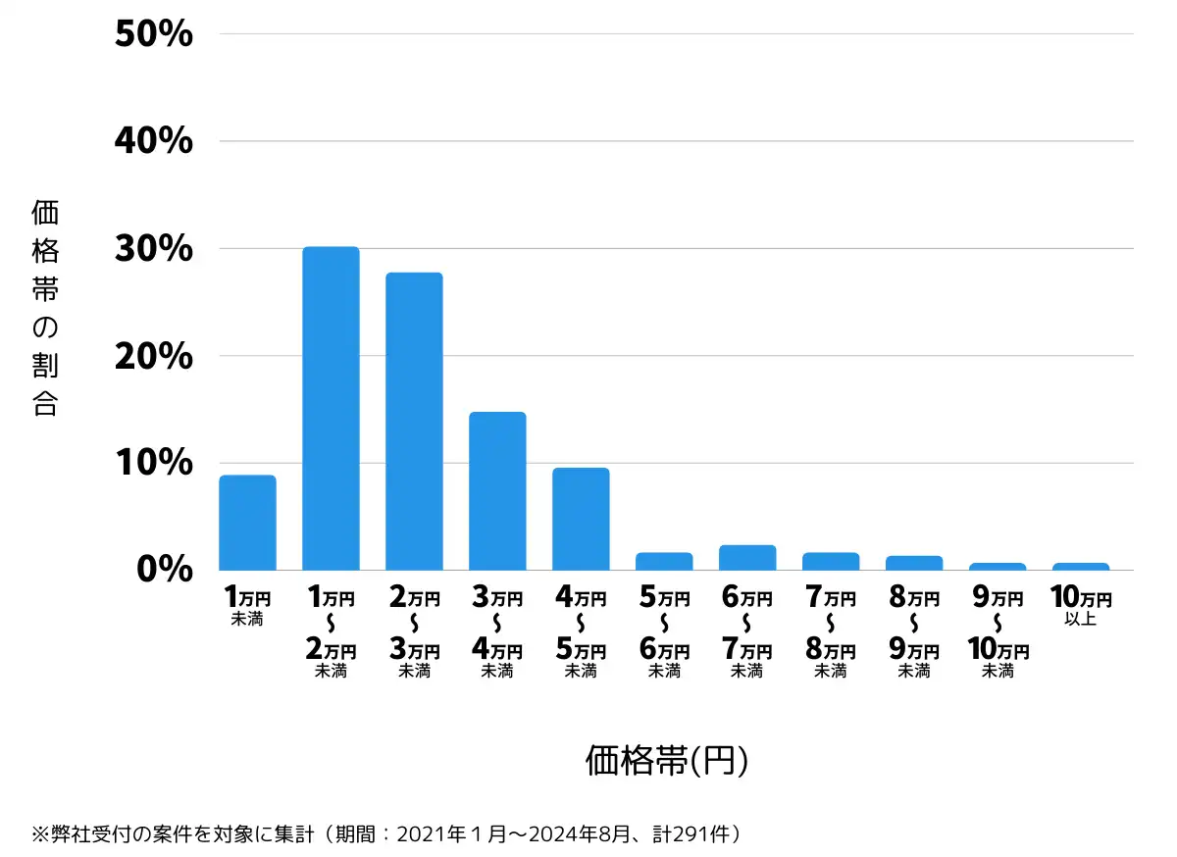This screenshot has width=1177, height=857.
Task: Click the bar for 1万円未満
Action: tap(247, 523)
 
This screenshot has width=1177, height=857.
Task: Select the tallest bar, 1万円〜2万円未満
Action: tap(331, 408)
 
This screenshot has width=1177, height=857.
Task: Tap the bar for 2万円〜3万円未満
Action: tap(414, 421)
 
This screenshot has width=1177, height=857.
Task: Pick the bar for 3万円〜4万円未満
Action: tap(497, 490)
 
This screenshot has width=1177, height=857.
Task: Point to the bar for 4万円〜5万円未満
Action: tap(581, 519)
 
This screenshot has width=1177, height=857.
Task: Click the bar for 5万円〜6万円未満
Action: tap(664, 562)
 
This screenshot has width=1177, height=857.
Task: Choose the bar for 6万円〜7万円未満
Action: tap(747, 558)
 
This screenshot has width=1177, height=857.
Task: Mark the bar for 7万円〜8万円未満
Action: tap(831, 562)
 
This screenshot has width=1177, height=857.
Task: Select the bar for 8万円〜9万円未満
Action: tap(914, 563)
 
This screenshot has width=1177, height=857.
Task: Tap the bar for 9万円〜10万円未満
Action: tap(998, 567)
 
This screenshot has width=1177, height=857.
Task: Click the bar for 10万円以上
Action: tap(1081, 567)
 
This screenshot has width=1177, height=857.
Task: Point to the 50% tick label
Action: tap(153, 35)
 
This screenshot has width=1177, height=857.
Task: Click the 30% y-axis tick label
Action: tap(153, 249)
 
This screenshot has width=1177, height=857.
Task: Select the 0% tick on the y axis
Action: tap(164, 570)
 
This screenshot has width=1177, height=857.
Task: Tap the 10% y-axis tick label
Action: tap(153, 463)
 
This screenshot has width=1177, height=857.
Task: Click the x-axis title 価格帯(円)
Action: tap(667, 760)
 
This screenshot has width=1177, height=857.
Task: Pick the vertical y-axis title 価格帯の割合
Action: tap(45, 308)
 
